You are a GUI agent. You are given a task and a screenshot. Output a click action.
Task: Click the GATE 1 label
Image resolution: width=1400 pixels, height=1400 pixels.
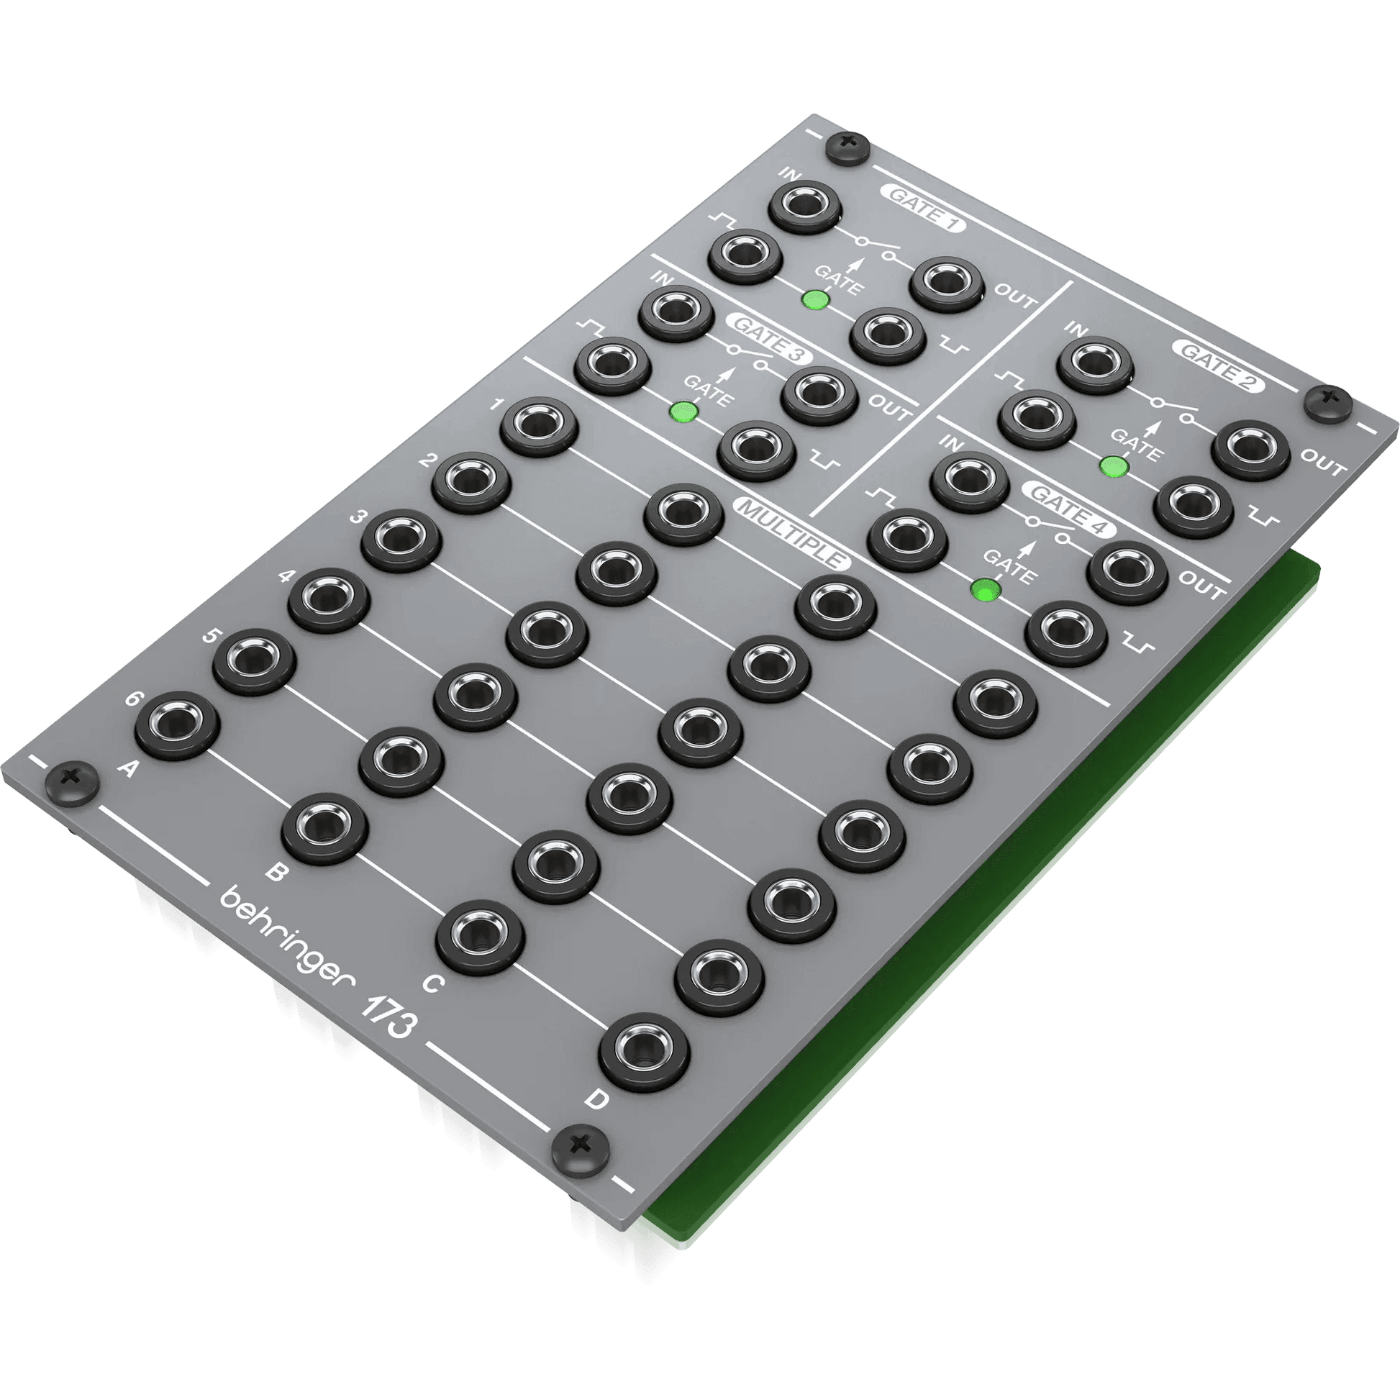(x=923, y=210)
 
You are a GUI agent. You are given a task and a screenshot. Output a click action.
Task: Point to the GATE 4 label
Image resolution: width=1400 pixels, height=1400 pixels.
(x=1070, y=509)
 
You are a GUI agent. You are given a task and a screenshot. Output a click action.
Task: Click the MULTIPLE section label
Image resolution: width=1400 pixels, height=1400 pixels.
(x=793, y=533)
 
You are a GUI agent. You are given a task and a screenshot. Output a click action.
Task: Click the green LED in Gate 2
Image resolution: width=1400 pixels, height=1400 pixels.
(x=1114, y=466)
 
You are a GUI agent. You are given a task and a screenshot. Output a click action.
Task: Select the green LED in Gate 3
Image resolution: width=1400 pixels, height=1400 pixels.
(x=683, y=412)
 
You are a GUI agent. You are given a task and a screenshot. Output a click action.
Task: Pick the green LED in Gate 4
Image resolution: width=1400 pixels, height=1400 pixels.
(x=986, y=590)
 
